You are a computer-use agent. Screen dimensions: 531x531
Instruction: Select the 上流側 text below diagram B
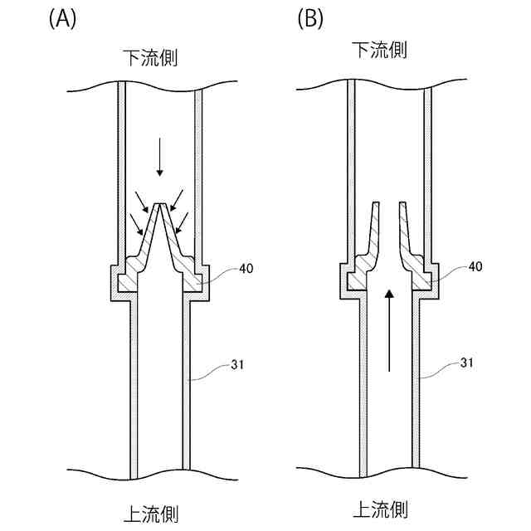pos(381,508)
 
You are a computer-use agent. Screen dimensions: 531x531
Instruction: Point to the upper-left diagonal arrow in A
pos(142,201)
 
